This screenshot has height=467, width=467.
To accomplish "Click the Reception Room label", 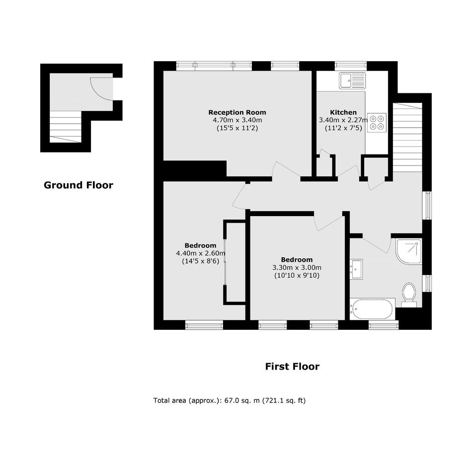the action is (x=237, y=112).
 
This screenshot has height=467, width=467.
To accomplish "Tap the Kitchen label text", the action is (x=343, y=112).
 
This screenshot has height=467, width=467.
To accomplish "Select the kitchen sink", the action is (x=352, y=80).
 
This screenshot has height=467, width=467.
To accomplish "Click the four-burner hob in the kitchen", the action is (x=377, y=123).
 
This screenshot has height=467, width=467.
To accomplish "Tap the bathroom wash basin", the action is (x=356, y=269).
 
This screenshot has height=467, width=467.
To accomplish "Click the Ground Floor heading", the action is (x=78, y=185).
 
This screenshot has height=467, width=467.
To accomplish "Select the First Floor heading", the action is (x=292, y=366).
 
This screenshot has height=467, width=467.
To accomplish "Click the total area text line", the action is (x=230, y=400).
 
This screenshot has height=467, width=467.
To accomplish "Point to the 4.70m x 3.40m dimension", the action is (x=237, y=120).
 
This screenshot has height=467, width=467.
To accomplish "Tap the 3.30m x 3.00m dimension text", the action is (x=297, y=267).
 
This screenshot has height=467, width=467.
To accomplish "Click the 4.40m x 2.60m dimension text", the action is (x=200, y=253).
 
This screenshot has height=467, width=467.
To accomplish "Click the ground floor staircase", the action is (x=65, y=127).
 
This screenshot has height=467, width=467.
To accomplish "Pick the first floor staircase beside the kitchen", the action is (x=407, y=137).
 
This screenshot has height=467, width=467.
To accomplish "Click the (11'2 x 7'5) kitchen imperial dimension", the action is (x=343, y=128).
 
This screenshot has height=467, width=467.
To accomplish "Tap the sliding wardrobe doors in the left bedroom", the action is (x=226, y=261).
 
